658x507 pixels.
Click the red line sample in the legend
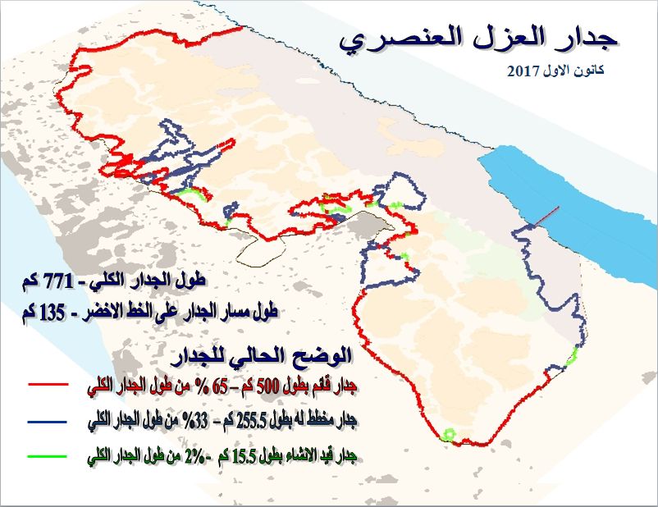[47, 383]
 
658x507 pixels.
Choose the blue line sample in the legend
[47, 422]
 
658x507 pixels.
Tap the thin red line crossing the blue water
[548, 216]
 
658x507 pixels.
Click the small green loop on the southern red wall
[449, 434]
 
